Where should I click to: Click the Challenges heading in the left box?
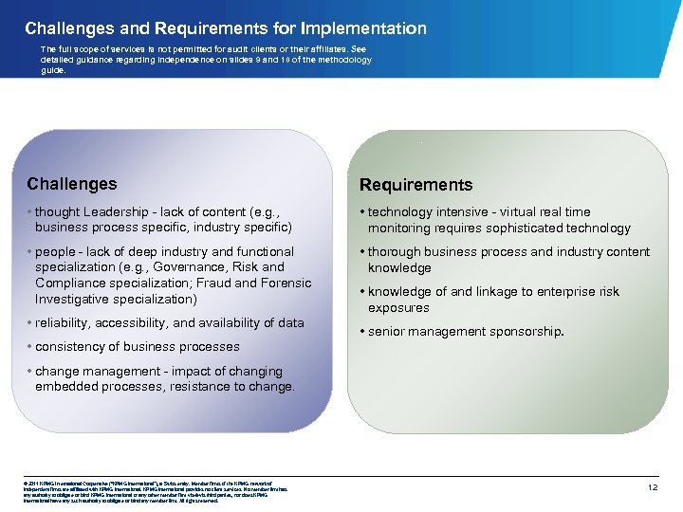[x=72, y=184]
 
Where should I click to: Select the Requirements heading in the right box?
[x=415, y=185]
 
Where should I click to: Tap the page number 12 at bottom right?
[x=652, y=486]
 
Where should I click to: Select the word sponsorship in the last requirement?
[x=525, y=332]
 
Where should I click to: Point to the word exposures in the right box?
[x=398, y=308]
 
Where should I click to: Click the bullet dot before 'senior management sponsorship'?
[x=362, y=332]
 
